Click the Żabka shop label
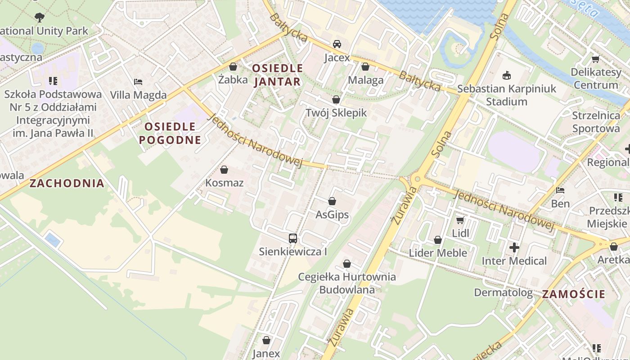(233, 80)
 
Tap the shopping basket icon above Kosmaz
(224, 170)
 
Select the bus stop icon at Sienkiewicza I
(293, 238)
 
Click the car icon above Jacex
(337, 44)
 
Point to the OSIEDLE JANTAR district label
(277, 75)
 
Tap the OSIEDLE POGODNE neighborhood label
(170, 133)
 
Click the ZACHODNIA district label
(67, 183)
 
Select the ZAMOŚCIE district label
(573, 294)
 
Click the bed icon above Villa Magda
(139, 82)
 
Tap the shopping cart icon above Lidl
(460, 220)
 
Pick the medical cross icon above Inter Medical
(514, 247)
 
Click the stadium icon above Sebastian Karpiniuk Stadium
(507, 75)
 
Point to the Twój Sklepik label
(336, 112)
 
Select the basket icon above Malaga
(365, 67)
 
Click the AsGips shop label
(332, 215)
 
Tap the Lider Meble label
(438, 253)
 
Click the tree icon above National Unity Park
(40, 18)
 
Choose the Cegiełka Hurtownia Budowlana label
(347, 283)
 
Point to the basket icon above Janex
(266, 340)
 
